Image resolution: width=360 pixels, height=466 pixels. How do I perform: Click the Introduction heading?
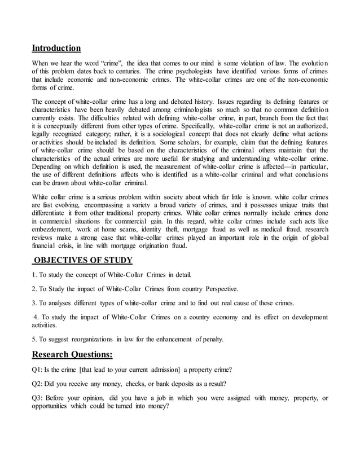[56, 48]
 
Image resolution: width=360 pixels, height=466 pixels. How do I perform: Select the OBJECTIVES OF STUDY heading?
[83, 260]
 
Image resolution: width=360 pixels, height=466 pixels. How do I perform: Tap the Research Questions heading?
[72, 354]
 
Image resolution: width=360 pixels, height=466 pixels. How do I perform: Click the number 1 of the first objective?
[34, 275]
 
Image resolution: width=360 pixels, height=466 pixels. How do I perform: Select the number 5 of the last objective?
[34, 339]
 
